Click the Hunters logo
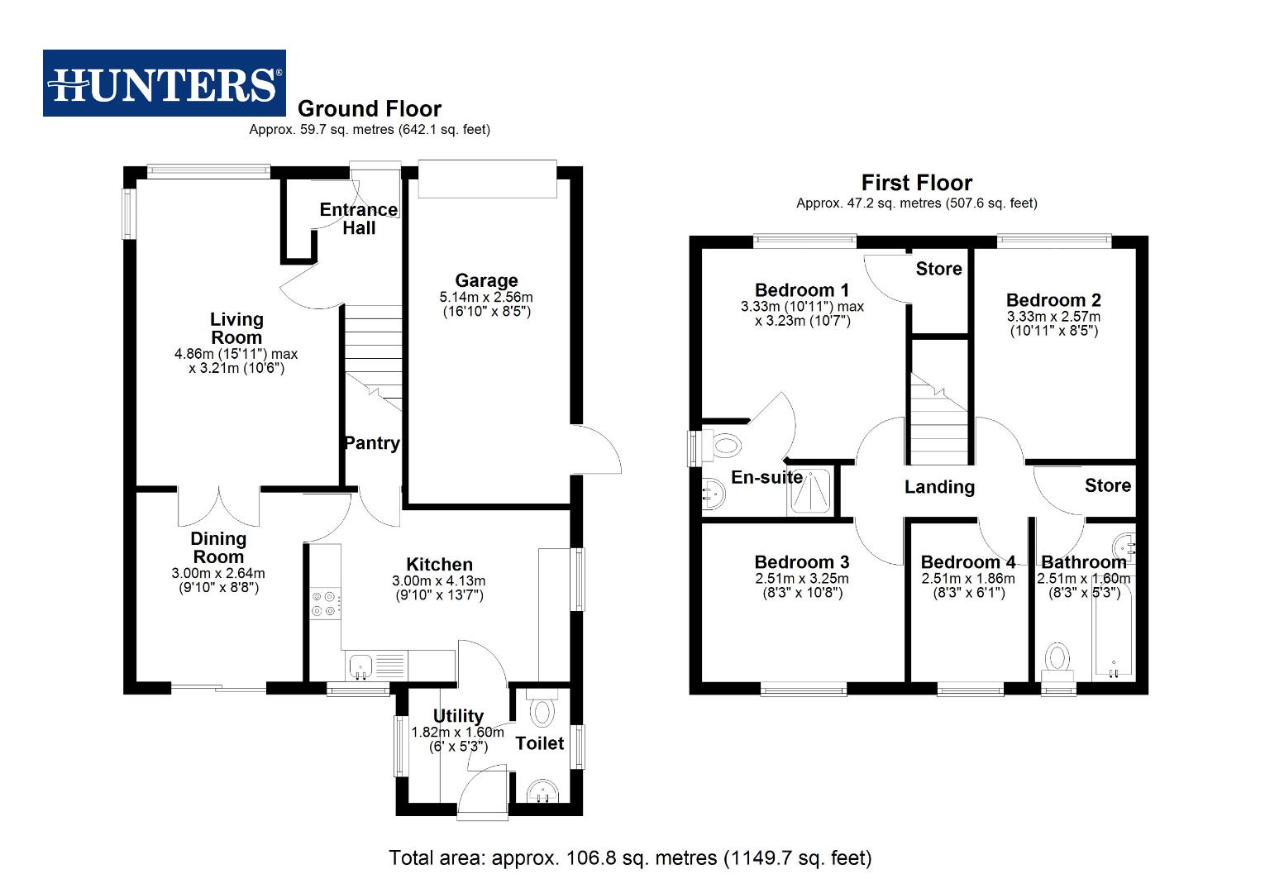click(164, 83)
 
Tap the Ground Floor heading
click(369, 108)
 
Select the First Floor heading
click(916, 183)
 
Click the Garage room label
click(486, 280)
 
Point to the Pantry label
click(372, 443)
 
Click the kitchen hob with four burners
click(323, 604)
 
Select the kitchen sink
click(360, 664)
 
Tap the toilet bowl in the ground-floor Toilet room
click(542, 710)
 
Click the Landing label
click(939, 487)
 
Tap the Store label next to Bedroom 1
click(938, 269)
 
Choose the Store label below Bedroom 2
click(1107, 485)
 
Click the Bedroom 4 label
click(967, 562)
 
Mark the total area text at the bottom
click(630, 857)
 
